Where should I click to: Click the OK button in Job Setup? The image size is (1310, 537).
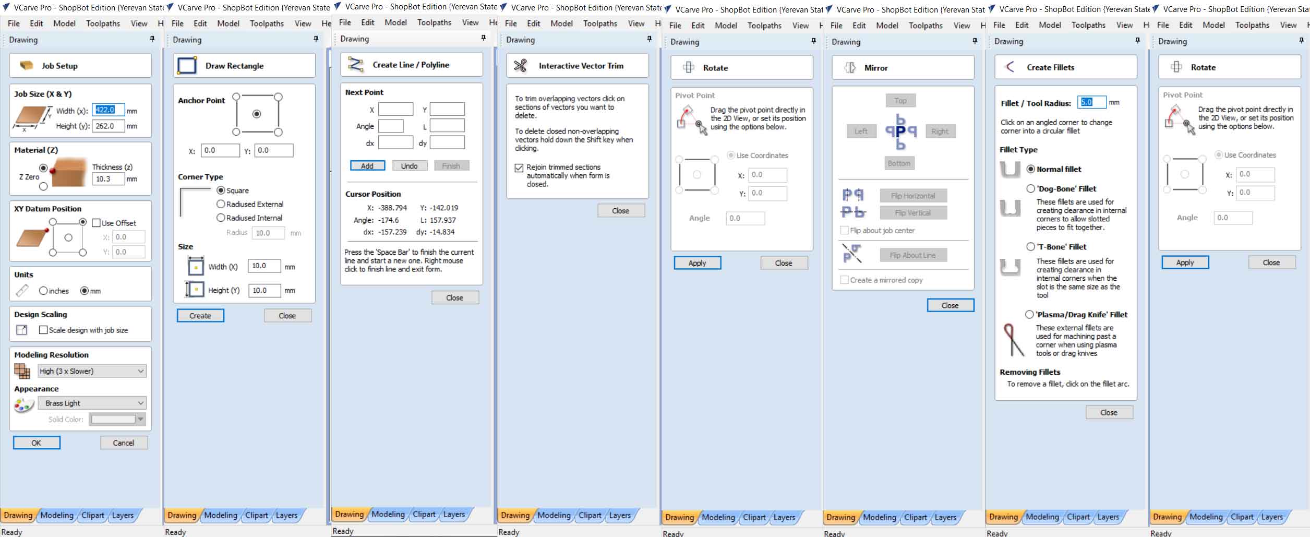pos(37,443)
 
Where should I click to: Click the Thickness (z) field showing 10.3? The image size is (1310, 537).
pos(109,179)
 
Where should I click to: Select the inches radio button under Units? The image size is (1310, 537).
pos(43,291)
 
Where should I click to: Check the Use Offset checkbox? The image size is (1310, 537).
pos(96,223)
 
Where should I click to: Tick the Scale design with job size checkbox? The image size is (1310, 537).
pos(43,330)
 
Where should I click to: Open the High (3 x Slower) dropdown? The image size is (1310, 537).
pos(92,371)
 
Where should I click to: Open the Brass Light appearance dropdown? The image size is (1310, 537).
pos(92,403)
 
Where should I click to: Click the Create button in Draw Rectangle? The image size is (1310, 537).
pos(200,316)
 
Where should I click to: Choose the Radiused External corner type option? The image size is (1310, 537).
pos(221,204)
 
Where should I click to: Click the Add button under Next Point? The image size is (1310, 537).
pos(367,166)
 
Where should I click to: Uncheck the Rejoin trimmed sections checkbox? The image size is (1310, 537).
pos(519,168)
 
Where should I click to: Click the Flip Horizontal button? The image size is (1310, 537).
pos(913,196)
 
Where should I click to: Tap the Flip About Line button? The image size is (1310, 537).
pos(913,255)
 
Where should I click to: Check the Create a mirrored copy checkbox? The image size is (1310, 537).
pos(845,280)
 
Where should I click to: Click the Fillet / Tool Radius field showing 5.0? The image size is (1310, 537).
pos(1091,102)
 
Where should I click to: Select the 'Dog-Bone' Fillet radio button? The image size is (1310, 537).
pos(1031,188)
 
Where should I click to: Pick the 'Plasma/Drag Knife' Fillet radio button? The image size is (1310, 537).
pos(1029,315)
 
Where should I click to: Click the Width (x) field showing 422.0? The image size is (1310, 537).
pos(109,110)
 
